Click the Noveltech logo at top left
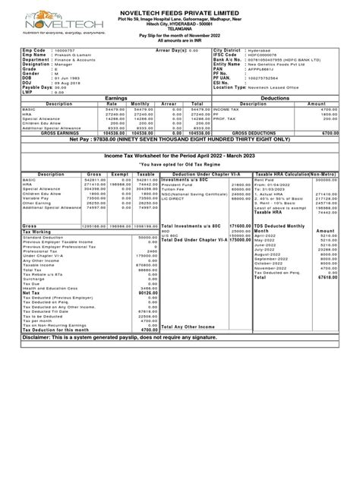click(51, 18)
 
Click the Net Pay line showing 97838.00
click(179, 140)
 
